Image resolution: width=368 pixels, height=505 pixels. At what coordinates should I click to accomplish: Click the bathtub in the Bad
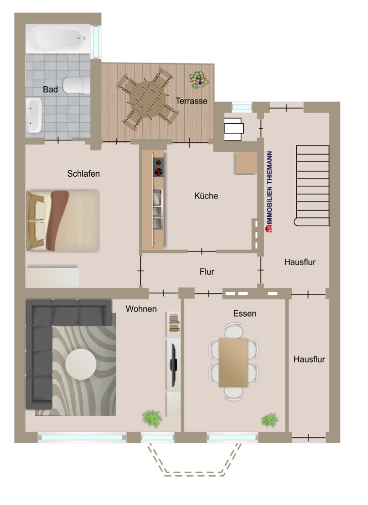(x=58, y=39)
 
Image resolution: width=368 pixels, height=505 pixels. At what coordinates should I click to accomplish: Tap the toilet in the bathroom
(x=77, y=85)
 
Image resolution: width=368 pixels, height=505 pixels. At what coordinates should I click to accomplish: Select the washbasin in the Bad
(x=34, y=115)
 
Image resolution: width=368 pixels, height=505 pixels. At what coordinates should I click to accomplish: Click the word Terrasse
(x=191, y=101)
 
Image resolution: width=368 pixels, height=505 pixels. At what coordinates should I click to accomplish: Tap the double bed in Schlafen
(x=63, y=221)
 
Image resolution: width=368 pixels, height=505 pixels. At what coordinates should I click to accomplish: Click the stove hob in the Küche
(x=158, y=167)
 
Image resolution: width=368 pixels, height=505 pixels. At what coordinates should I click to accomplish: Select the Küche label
(x=206, y=196)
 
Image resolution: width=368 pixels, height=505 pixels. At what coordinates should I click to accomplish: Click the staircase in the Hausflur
(x=311, y=185)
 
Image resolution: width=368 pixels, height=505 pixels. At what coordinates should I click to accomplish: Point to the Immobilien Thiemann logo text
(x=269, y=192)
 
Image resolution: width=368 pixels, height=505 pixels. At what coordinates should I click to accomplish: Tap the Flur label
(x=206, y=272)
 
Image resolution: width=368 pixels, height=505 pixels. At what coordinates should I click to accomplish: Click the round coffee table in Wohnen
(x=81, y=365)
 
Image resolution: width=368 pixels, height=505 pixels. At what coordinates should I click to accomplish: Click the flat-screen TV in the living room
(x=174, y=365)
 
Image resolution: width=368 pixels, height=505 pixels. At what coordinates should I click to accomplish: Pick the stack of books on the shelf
(x=174, y=322)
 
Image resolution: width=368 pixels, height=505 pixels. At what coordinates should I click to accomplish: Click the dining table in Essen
(x=233, y=362)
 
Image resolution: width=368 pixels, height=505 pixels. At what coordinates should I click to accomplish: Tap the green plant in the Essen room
(x=269, y=420)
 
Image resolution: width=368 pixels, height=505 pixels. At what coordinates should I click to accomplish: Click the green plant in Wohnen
(x=152, y=418)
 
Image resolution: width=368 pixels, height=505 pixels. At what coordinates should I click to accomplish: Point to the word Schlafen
(x=83, y=174)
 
